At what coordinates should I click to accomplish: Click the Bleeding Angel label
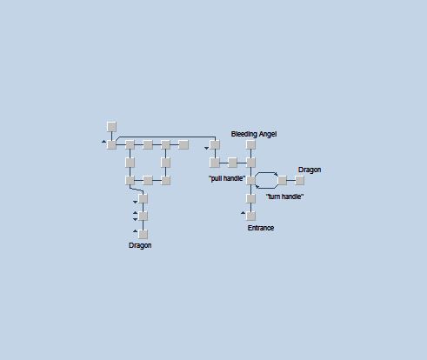pyautogui.click(x=254, y=134)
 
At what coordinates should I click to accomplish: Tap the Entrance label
pyautogui.click(x=261, y=228)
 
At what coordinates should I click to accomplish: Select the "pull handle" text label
pyautogui.click(x=227, y=178)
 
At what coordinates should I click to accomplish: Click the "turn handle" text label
pyautogui.click(x=284, y=197)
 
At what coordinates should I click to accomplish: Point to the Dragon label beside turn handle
pyautogui.click(x=310, y=170)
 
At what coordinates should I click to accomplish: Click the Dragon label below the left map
pyautogui.click(x=140, y=245)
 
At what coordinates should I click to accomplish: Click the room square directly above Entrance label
pyautogui.click(x=250, y=216)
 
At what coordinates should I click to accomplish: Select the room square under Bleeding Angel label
pyautogui.click(x=250, y=144)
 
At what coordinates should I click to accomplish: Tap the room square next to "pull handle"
pyautogui.click(x=250, y=180)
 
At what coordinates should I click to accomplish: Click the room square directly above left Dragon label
pyautogui.click(x=143, y=234)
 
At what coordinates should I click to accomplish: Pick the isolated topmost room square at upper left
pyautogui.click(x=111, y=127)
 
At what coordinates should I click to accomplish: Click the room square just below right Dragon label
pyautogui.click(x=299, y=180)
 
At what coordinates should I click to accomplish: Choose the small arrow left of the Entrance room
pyautogui.click(x=243, y=213)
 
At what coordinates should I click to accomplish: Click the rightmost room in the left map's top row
pyautogui.click(x=183, y=144)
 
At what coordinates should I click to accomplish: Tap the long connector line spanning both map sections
pyautogui.click(x=167, y=137)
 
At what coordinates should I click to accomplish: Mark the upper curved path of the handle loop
pyautogui.click(x=267, y=173)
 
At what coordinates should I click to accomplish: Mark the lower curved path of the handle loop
pyautogui.click(x=266, y=188)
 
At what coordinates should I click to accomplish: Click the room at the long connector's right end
pyautogui.click(x=215, y=144)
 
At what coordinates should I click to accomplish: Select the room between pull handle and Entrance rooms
pyautogui.click(x=250, y=198)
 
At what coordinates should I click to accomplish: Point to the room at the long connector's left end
pyautogui.click(x=111, y=144)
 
